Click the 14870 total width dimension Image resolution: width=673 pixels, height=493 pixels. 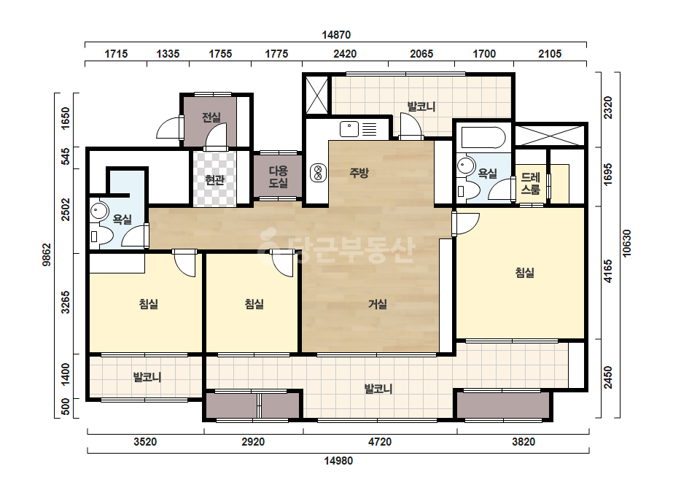tap(336, 35)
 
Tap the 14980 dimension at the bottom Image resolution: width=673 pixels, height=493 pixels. tap(338, 461)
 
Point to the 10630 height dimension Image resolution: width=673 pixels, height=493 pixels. tap(627, 244)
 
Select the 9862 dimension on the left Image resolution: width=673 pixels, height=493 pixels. tap(47, 255)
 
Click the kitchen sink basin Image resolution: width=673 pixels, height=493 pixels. tap(349, 129)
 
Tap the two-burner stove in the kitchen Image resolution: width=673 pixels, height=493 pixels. tap(318, 173)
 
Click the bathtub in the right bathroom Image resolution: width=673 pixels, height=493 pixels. tap(483, 137)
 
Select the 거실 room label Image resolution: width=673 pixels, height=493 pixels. tap(378, 304)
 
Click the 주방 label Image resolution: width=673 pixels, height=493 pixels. tap(359, 173)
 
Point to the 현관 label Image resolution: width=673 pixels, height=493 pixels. tap(214, 180)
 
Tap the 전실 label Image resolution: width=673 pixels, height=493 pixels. tap(211, 117)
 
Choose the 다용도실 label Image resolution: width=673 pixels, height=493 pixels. tap(278, 176)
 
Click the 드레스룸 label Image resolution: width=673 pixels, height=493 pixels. tap(531, 183)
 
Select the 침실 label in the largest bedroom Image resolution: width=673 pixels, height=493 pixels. tap(524, 272)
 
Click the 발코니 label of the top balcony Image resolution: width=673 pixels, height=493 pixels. tap(421, 106)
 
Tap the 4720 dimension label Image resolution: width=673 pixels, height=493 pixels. tap(380, 441)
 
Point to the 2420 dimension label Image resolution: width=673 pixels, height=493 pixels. tap(345, 54)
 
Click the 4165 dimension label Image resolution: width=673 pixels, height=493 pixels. tap(608, 271)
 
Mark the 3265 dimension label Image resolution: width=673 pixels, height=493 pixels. tap(65, 303)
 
